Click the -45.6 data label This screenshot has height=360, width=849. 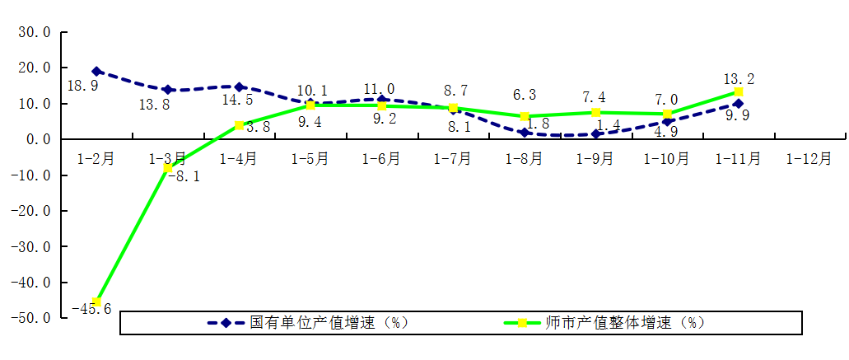(x=91, y=309)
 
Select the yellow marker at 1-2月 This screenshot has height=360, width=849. (x=97, y=302)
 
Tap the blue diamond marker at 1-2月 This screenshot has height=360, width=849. (x=97, y=72)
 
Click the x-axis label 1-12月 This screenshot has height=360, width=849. (x=809, y=158)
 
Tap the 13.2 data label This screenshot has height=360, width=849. (x=739, y=79)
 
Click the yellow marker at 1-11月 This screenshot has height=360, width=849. (x=739, y=92)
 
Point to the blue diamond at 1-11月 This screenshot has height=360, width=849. (x=739, y=104)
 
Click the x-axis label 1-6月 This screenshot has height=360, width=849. (x=381, y=158)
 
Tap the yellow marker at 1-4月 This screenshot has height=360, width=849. (x=239, y=125)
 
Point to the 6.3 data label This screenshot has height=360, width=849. (x=525, y=95)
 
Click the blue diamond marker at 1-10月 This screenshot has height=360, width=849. (x=667, y=122)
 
